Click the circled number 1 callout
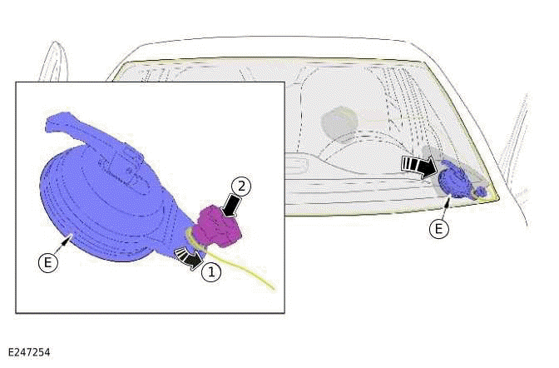coord(213,271)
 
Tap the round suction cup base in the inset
coord(83,208)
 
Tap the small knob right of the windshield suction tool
coord(482,192)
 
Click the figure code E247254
coord(29,353)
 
